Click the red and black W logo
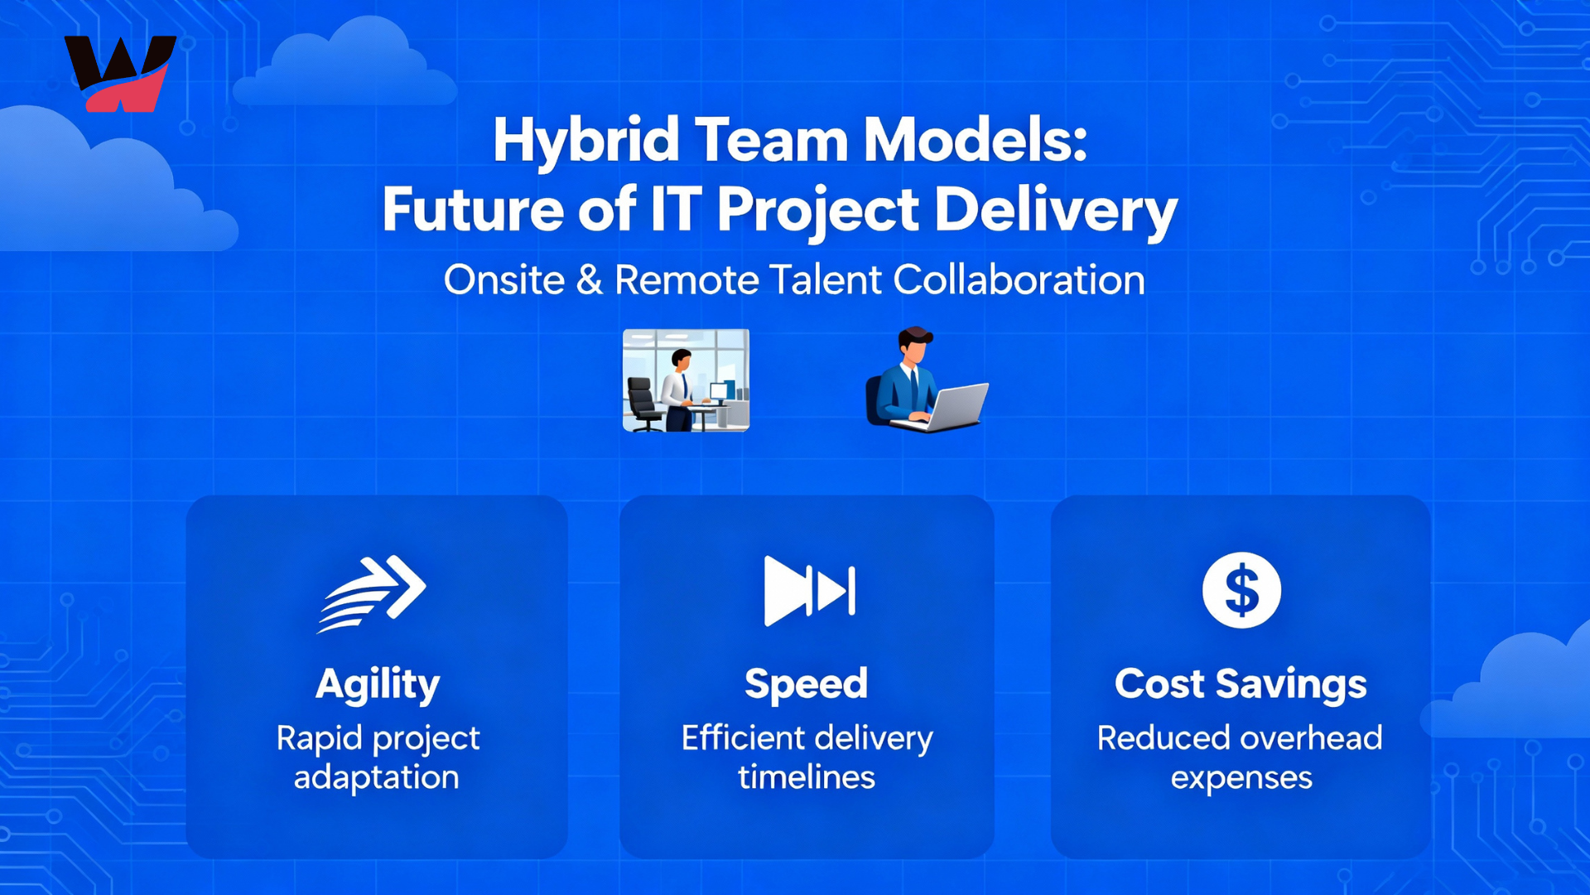tap(121, 73)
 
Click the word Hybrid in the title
tap(586, 141)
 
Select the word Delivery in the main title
tap(1056, 211)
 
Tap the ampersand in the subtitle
tap(589, 279)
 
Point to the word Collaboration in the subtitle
tap(1019, 279)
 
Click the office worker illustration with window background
tap(686, 380)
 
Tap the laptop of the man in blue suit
tap(945, 407)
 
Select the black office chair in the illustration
tap(644, 404)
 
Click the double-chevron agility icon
tap(373, 593)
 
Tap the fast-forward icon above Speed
tap(809, 591)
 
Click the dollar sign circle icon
tap(1241, 590)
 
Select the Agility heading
tap(378, 685)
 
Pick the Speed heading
tap(806, 685)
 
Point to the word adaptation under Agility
tap(377, 777)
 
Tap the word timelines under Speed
tap(807, 777)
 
